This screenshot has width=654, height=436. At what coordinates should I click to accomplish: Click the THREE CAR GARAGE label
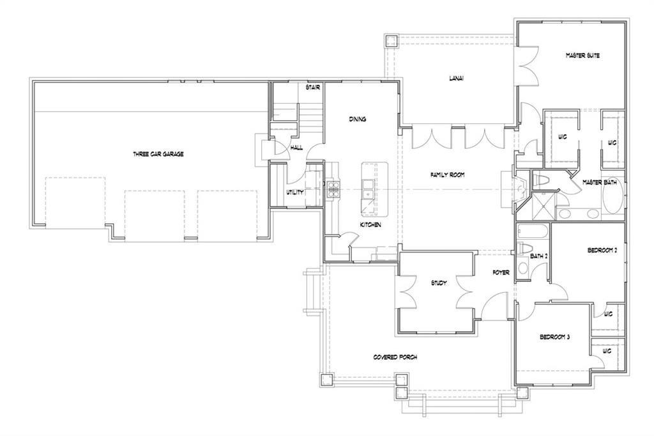pyautogui.click(x=158, y=154)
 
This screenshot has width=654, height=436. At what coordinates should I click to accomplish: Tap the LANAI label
pyautogui.click(x=456, y=78)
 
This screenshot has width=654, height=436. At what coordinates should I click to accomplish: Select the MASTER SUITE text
pyautogui.click(x=582, y=55)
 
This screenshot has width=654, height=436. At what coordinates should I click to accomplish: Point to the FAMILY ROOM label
pyautogui.click(x=448, y=175)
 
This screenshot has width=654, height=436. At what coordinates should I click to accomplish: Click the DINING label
pyautogui.click(x=358, y=119)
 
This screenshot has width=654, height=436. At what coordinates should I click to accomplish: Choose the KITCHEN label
pyautogui.click(x=370, y=224)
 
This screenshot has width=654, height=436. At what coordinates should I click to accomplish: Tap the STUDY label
pyautogui.click(x=439, y=283)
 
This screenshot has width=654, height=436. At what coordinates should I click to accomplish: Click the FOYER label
pyautogui.click(x=501, y=273)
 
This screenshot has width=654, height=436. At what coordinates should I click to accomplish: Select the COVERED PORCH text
pyautogui.click(x=395, y=357)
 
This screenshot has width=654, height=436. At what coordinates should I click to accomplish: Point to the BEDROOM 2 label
pyautogui.click(x=602, y=251)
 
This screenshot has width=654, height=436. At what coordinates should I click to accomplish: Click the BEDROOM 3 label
pyautogui.click(x=555, y=337)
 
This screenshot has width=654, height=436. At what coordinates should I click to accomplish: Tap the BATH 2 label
pyautogui.click(x=539, y=256)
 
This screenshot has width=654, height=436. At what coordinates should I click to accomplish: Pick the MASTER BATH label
pyautogui.click(x=599, y=182)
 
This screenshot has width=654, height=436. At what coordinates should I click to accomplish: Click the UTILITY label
pyautogui.click(x=295, y=192)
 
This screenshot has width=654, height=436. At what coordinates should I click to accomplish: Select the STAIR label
pyautogui.click(x=313, y=88)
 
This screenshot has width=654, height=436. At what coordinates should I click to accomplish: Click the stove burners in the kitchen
pyautogui.click(x=333, y=188)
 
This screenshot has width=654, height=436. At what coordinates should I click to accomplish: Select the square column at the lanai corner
pyautogui.click(x=392, y=41)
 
